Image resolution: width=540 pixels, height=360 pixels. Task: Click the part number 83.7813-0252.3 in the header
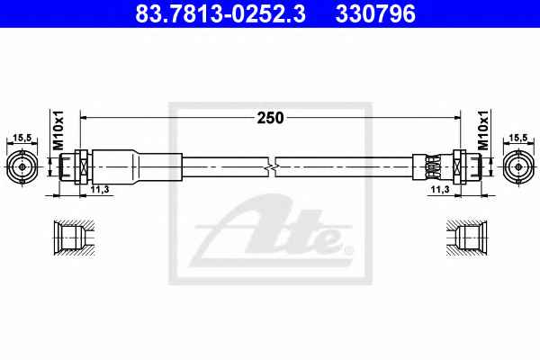tap(220, 13)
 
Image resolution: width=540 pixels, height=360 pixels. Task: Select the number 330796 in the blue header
tap(375, 13)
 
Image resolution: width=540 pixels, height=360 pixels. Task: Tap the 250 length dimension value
tap(271, 118)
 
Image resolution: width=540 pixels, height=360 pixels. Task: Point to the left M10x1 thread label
tap(58, 130)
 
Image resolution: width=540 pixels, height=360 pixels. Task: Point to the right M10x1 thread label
tap(483, 130)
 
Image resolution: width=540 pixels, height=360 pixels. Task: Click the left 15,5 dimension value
tap(22, 138)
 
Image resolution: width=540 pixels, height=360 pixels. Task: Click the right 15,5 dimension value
tap(518, 138)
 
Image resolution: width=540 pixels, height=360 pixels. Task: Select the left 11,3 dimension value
tap(100, 189)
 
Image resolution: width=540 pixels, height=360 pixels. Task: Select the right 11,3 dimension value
tap(440, 189)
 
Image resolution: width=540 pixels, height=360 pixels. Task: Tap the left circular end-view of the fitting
tap(22, 167)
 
